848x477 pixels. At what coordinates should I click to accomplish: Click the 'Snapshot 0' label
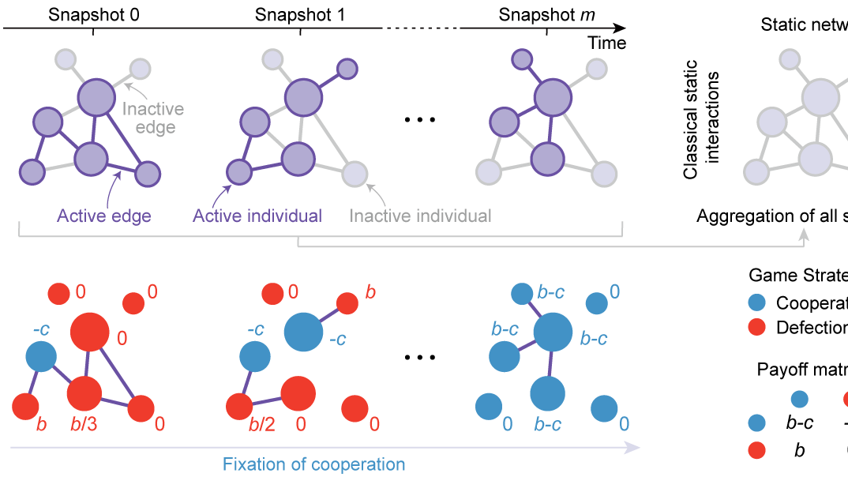[x=93, y=15]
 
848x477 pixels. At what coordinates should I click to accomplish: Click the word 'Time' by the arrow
[x=606, y=43]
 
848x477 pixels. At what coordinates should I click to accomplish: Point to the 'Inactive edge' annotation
[x=154, y=118]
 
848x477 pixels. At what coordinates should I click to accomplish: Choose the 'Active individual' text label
[x=257, y=216]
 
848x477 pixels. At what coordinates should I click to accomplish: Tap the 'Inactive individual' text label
[x=420, y=216]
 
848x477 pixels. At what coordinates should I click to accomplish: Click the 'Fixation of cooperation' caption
[x=313, y=464]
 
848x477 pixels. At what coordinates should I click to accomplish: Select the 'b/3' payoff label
[x=84, y=424]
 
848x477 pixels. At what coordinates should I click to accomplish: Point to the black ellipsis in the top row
[x=419, y=119]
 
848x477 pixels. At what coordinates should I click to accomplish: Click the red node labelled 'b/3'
[x=85, y=392]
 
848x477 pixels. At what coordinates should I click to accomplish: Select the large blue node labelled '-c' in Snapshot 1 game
[x=303, y=330]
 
